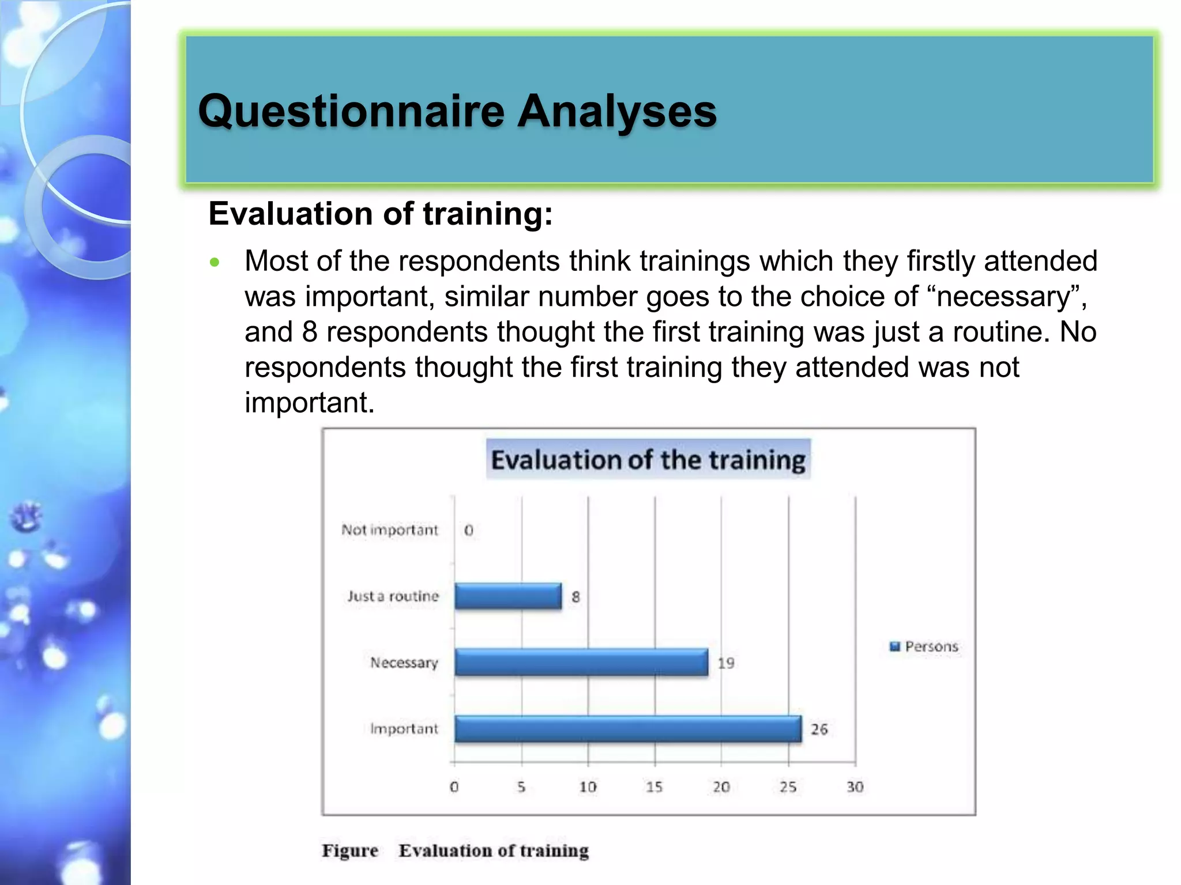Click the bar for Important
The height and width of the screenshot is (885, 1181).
point(627,729)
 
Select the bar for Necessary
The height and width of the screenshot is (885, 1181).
point(581,662)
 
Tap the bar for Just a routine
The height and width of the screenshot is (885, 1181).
point(507,596)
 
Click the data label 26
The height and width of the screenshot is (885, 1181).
point(819,729)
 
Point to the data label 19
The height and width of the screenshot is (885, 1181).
point(726,663)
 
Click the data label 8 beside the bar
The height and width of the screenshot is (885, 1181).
point(576,597)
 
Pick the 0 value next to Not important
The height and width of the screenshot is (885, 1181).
point(468,530)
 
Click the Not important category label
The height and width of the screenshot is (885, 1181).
point(390,530)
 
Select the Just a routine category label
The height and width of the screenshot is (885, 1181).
point(393,596)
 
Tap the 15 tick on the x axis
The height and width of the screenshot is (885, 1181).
point(654,787)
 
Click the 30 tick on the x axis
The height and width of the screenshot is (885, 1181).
point(855,787)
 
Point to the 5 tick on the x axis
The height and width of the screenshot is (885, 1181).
point(521,787)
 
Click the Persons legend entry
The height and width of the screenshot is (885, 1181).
point(924,646)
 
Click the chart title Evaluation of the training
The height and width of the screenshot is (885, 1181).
point(648,460)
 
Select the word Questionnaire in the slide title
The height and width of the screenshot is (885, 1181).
point(351,111)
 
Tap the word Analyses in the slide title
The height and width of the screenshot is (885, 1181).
point(616,111)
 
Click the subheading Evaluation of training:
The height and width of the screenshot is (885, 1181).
point(381,214)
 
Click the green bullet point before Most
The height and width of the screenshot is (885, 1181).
point(215,263)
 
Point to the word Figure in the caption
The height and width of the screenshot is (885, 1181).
point(349,850)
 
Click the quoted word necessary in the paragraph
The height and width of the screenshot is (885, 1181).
point(1003,297)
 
